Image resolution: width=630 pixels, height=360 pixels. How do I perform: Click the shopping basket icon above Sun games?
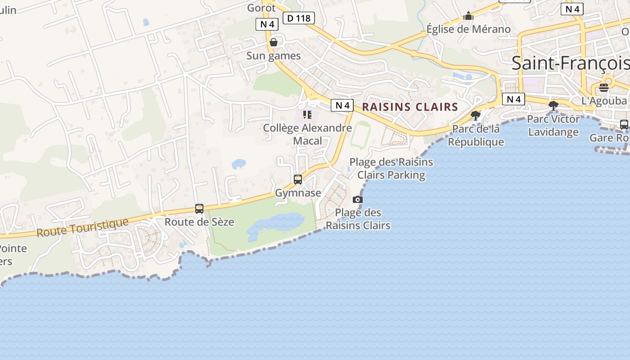(x=273, y=42)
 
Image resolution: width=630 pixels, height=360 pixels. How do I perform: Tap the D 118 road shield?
(x=298, y=18)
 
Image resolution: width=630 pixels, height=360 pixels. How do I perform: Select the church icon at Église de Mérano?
(x=468, y=16)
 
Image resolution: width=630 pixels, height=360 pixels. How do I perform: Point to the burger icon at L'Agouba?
(x=604, y=87)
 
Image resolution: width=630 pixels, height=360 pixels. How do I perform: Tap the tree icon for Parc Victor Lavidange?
(x=553, y=106)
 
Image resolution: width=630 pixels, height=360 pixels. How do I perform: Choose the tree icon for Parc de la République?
(x=475, y=116)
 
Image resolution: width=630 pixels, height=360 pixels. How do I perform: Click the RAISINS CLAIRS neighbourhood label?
(x=410, y=107)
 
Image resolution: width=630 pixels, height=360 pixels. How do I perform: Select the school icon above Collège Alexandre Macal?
(x=307, y=115)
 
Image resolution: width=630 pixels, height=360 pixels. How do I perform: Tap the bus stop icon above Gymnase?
(x=298, y=180)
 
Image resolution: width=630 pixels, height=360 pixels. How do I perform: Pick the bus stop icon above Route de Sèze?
(x=199, y=209)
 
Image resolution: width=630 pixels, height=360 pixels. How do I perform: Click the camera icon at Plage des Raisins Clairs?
(x=358, y=199)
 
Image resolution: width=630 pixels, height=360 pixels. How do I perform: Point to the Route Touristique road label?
(x=82, y=228)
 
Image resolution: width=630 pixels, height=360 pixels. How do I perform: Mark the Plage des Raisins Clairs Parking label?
(x=391, y=168)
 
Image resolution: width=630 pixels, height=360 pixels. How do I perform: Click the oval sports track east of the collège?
(x=359, y=135)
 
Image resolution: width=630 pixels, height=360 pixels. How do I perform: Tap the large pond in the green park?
(x=275, y=225)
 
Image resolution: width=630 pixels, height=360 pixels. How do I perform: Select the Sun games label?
(x=273, y=56)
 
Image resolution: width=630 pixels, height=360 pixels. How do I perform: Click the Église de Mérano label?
(x=468, y=29)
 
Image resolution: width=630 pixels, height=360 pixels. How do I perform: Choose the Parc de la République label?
(x=476, y=135)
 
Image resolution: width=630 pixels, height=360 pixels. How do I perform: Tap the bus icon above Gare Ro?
(x=624, y=125)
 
